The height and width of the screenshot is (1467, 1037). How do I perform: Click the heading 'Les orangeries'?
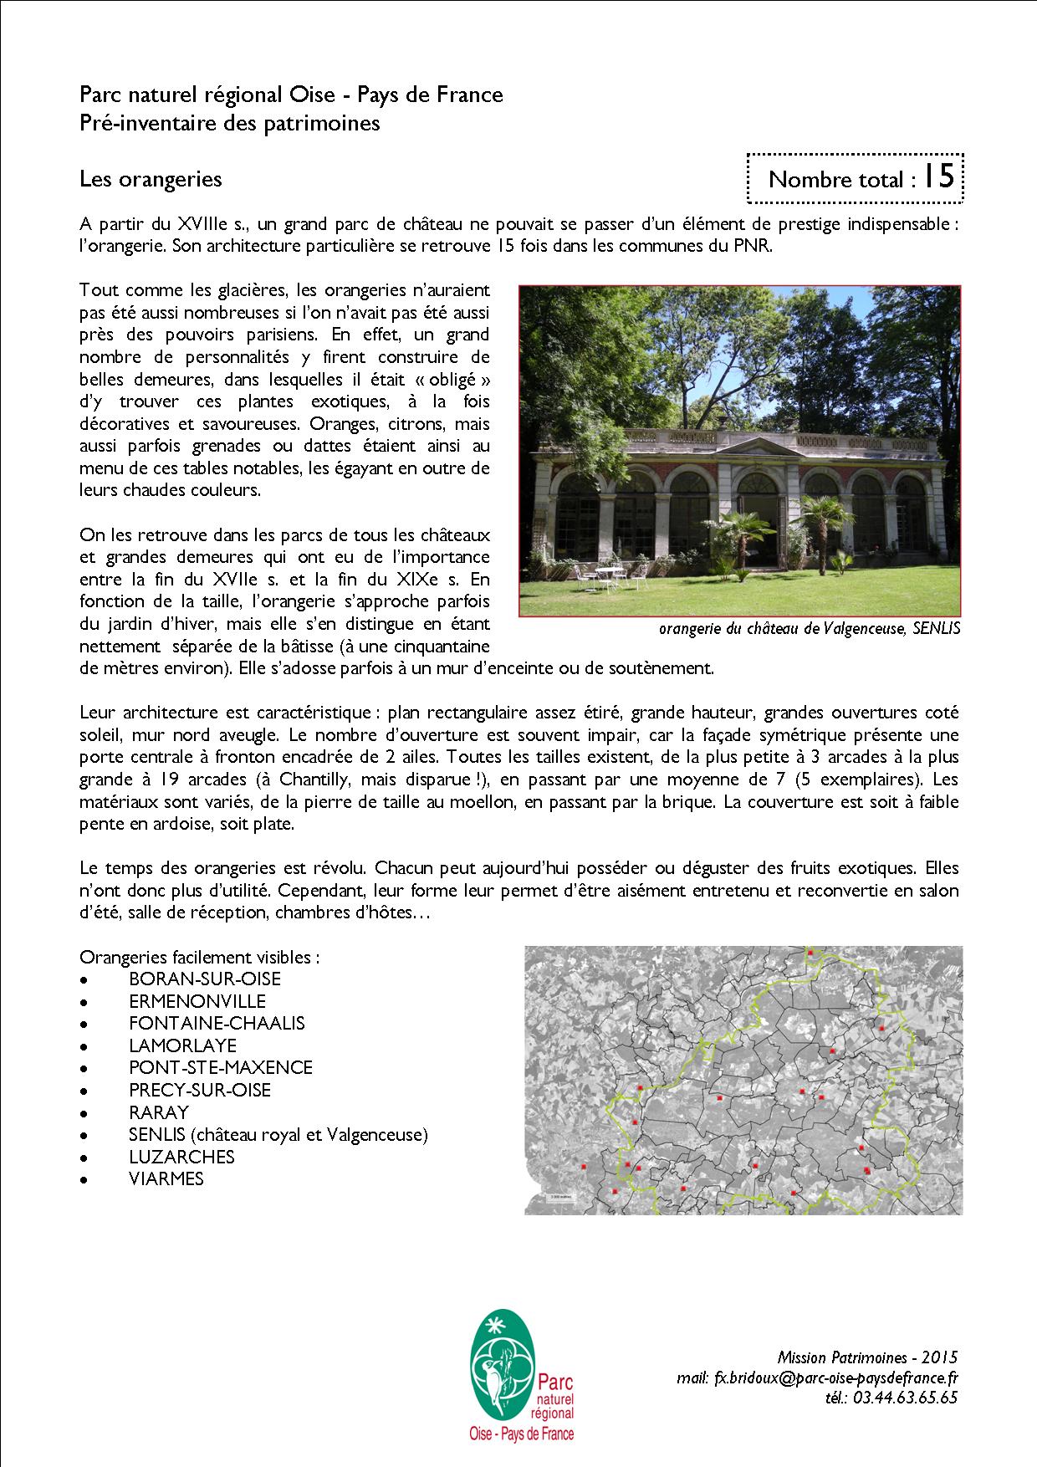click(x=151, y=179)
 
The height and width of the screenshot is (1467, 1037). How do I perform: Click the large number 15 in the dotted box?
click(x=939, y=176)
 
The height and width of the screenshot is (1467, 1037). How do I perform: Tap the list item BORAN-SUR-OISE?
click(x=205, y=979)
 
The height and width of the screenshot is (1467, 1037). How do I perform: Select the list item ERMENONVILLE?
click(x=197, y=1001)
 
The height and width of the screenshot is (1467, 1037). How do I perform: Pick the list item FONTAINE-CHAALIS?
click(x=217, y=1023)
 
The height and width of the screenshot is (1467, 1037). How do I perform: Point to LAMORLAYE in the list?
click(x=182, y=1045)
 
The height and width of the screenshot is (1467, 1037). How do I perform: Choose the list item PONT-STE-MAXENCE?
click(x=221, y=1067)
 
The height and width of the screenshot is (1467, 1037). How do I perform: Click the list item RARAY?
click(x=159, y=1112)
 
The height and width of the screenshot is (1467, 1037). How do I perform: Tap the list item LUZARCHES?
click(x=181, y=1157)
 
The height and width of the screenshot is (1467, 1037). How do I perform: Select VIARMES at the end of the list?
click(x=166, y=1178)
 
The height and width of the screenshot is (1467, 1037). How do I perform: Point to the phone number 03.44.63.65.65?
click(x=894, y=1398)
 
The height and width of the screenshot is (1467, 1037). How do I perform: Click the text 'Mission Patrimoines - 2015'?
click(x=867, y=1357)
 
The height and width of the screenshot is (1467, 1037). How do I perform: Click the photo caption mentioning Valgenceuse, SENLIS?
click(x=809, y=629)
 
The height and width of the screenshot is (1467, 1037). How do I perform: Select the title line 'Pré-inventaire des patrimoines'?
click(x=230, y=123)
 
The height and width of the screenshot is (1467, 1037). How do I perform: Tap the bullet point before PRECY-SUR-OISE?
click(x=84, y=1091)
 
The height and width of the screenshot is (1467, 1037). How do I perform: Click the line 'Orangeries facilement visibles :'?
click(x=199, y=957)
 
